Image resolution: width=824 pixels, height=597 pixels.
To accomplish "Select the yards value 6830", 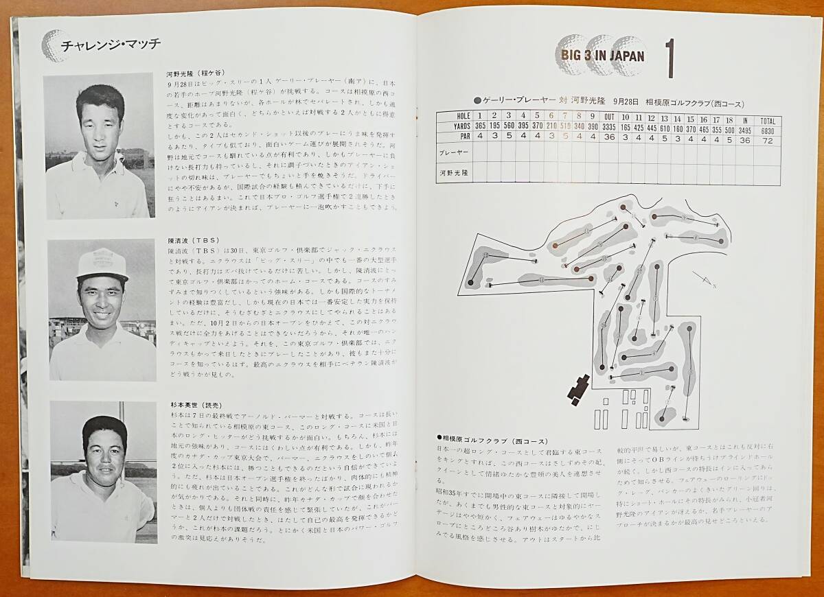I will [768, 127].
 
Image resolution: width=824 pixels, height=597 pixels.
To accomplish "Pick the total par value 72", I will [768, 138].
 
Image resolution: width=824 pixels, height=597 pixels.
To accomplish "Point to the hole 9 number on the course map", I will [685, 218].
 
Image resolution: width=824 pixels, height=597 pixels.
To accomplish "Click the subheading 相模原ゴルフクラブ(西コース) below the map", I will [483, 438].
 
